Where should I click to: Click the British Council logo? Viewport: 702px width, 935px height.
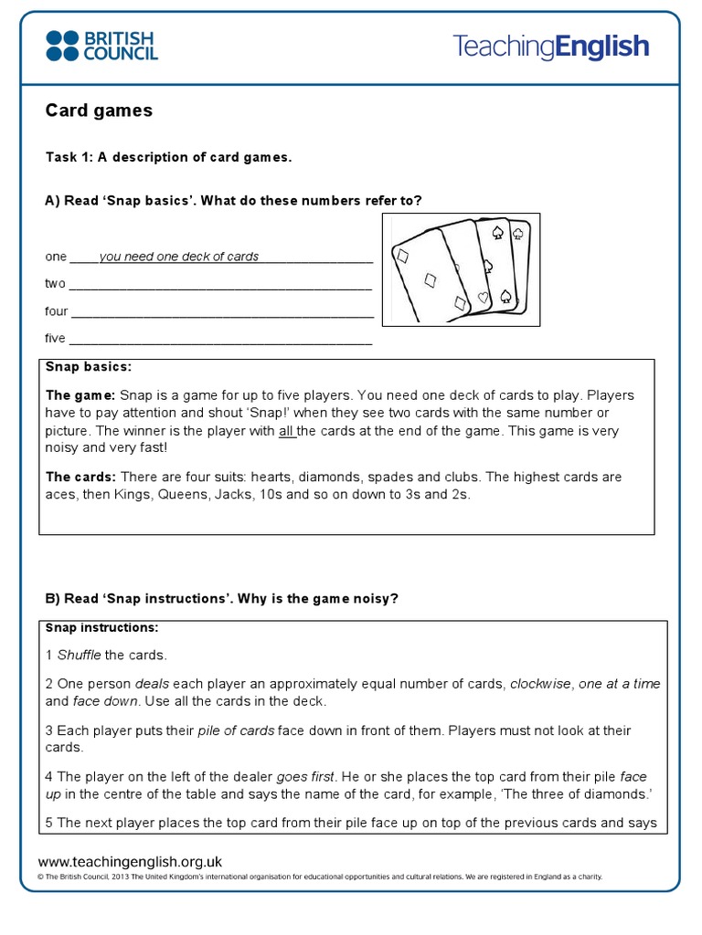tap(101, 45)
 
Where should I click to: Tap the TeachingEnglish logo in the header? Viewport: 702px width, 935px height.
tap(551, 47)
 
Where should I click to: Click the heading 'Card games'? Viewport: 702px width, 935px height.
tap(99, 110)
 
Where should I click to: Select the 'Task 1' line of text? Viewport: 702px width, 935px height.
tap(168, 157)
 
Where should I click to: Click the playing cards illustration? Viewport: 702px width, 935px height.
tap(461, 270)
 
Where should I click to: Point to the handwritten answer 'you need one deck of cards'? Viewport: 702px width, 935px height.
tap(179, 257)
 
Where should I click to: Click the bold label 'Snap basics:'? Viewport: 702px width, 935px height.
tap(89, 367)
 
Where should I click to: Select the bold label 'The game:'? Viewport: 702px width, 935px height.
tap(80, 395)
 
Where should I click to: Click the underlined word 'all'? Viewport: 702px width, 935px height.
tap(288, 431)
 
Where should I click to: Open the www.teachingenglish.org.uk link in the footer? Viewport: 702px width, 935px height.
tap(130, 861)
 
